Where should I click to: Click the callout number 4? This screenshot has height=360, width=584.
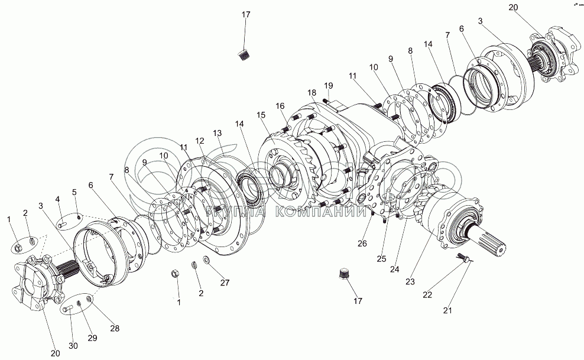click(59, 199)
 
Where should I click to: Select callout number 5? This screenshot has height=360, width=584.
click(74, 192)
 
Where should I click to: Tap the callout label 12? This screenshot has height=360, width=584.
click(200, 141)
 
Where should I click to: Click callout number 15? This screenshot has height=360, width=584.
click(261, 115)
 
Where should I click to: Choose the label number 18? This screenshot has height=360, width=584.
click(312, 93)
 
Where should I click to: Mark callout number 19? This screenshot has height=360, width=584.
click(329, 85)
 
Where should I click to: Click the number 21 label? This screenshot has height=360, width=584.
click(447, 309)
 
